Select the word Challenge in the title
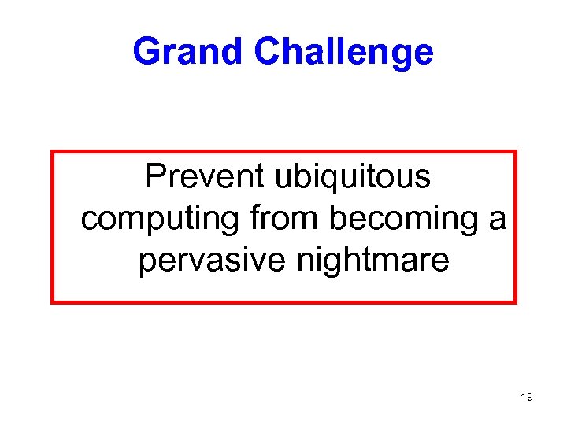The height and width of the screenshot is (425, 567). click(x=343, y=53)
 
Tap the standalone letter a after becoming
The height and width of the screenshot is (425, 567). click(x=497, y=220)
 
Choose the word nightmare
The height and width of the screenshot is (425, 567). click(x=372, y=261)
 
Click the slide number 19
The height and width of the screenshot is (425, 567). click(x=526, y=397)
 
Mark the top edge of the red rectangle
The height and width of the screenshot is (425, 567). click(x=283, y=151)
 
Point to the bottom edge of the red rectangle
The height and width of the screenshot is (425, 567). click(x=283, y=301)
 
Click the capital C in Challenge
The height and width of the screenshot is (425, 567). click(x=267, y=52)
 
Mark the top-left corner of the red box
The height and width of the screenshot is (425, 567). click(x=53, y=151)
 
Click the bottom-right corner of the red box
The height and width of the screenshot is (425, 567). click(x=516, y=301)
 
